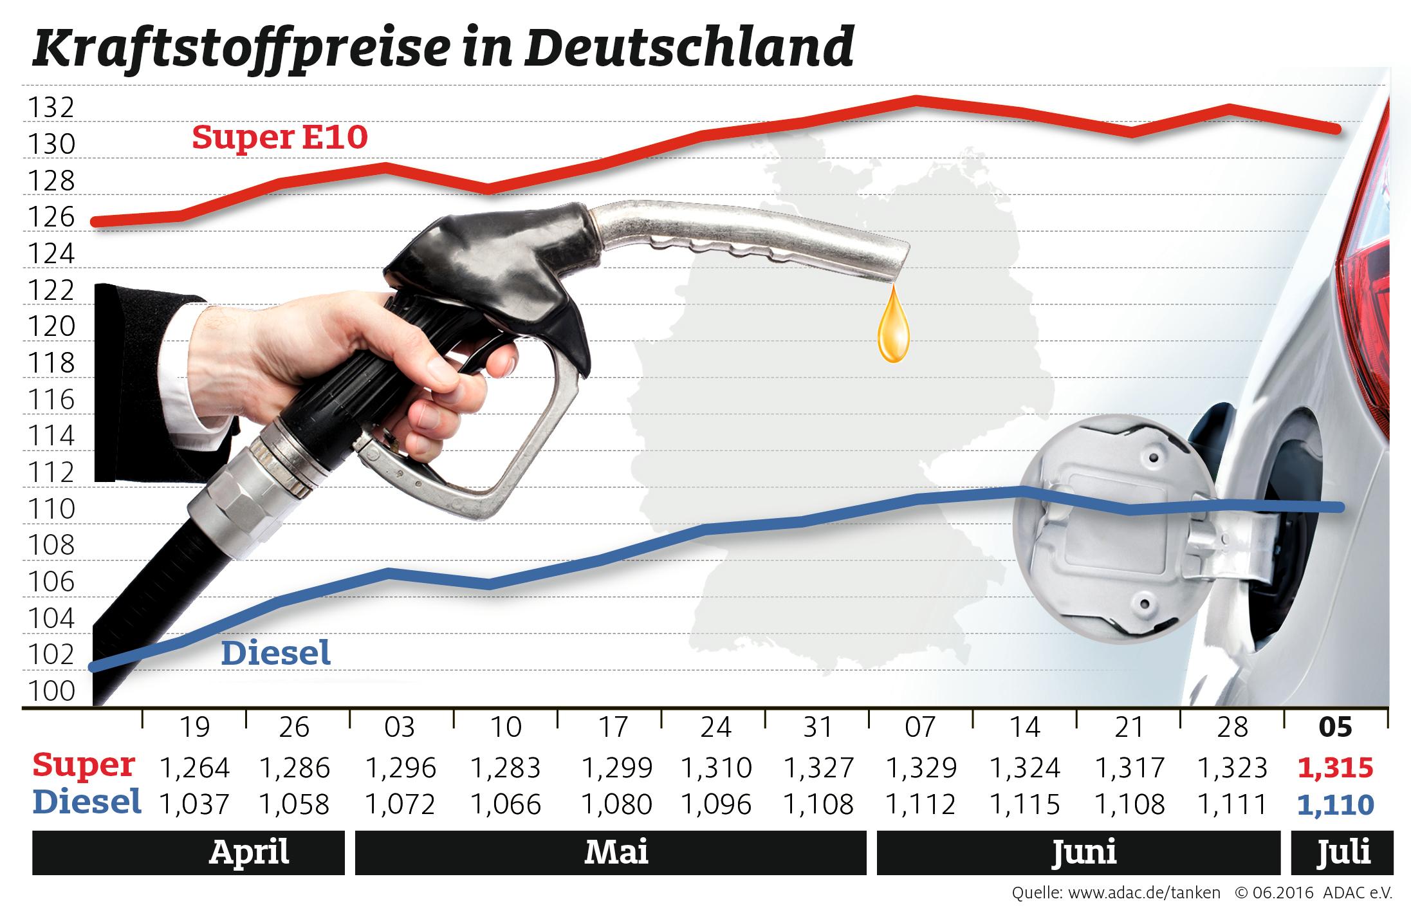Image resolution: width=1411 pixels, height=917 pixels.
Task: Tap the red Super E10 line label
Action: (280, 138)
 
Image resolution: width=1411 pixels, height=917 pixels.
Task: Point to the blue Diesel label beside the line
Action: (276, 653)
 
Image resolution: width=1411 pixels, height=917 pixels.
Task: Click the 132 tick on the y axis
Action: (51, 109)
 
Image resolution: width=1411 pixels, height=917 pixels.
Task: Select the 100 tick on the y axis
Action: (51, 692)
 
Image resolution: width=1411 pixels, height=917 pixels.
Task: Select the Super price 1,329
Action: (921, 768)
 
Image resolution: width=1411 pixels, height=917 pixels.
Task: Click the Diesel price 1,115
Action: (1025, 804)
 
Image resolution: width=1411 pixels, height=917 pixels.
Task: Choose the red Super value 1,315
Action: (1336, 768)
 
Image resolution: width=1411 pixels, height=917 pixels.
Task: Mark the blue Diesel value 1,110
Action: (1336, 804)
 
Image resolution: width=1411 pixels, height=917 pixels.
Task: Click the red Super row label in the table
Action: (84, 766)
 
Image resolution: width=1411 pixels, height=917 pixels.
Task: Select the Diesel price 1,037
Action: (194, 804)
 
